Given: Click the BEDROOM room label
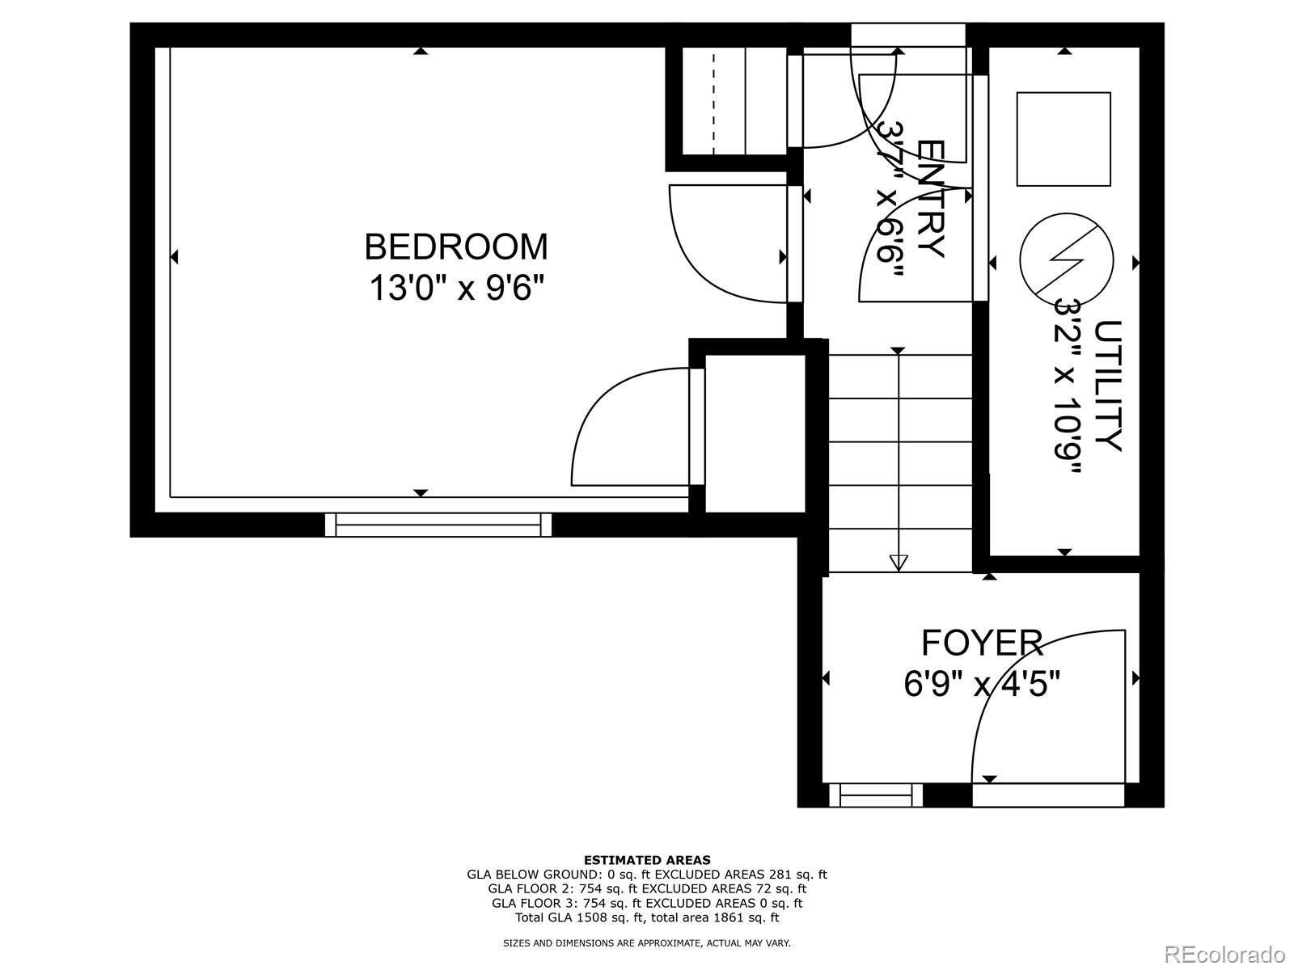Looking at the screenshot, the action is pos(455,247).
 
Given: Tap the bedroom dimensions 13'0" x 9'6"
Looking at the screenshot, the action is pos(455,289).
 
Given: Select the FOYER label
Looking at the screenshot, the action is pos(982,643).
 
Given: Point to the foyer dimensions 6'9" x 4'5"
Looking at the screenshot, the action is pos(982,685).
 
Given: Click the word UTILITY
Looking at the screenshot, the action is pos(1107,386).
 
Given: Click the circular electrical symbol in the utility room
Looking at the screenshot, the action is pos(1067,260).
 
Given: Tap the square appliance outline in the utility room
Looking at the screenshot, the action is pos(1064,139).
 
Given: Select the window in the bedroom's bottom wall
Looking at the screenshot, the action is pos(438,525).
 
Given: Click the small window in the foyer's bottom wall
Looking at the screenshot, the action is pos(875,795).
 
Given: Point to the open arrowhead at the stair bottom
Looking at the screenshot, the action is pos(898,563).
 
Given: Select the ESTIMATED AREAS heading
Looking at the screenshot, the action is pos(647,860).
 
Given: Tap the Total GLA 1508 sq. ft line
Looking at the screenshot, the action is pos(647,917).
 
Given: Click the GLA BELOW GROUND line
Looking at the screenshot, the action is pos(647,875).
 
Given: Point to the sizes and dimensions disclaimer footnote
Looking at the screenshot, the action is pos(647,943).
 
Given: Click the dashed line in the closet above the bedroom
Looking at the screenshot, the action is pos(713,103).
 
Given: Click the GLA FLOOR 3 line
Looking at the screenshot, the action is pos(647,904).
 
